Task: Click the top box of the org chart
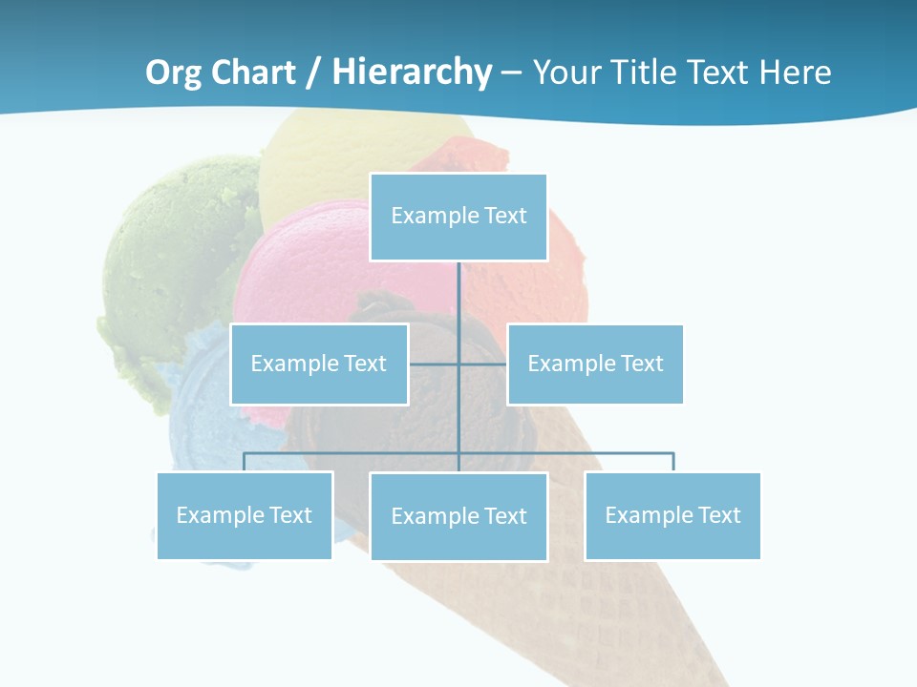[458, 217]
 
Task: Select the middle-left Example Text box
[319, 364]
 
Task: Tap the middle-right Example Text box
[595, 364]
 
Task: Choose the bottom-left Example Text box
[245, 515]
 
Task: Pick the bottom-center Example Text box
[458, 516]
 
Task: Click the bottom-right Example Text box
[672, 515]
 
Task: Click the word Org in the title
[174, 73]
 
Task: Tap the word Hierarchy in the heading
[411, 73]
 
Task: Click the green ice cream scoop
[172, 267]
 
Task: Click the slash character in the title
[312, 73]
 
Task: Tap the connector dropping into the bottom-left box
[245, 462]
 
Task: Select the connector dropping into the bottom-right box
[672, 462]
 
